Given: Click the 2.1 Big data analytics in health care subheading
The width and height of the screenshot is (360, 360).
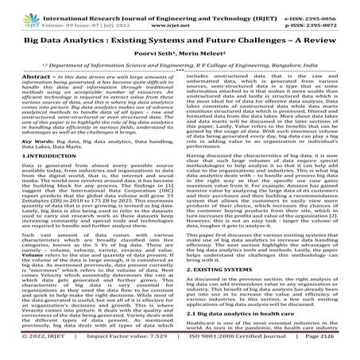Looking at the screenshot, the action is pos(246,336).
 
